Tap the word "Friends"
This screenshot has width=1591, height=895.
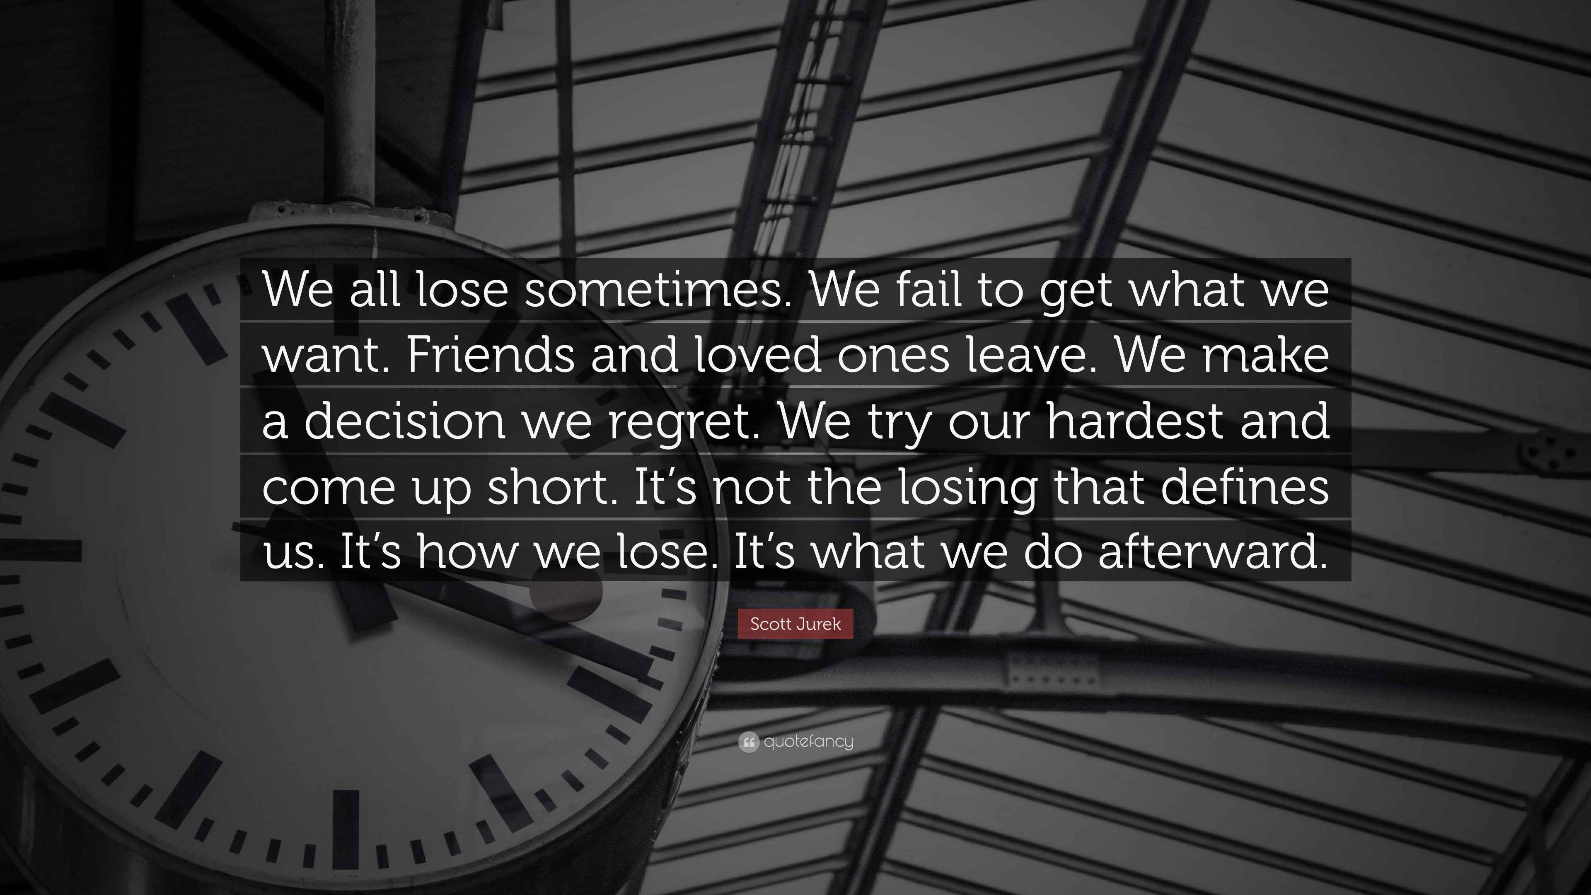[491, 356]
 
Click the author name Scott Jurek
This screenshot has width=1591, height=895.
[795, 624]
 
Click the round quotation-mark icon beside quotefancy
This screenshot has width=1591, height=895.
[748, 742]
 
